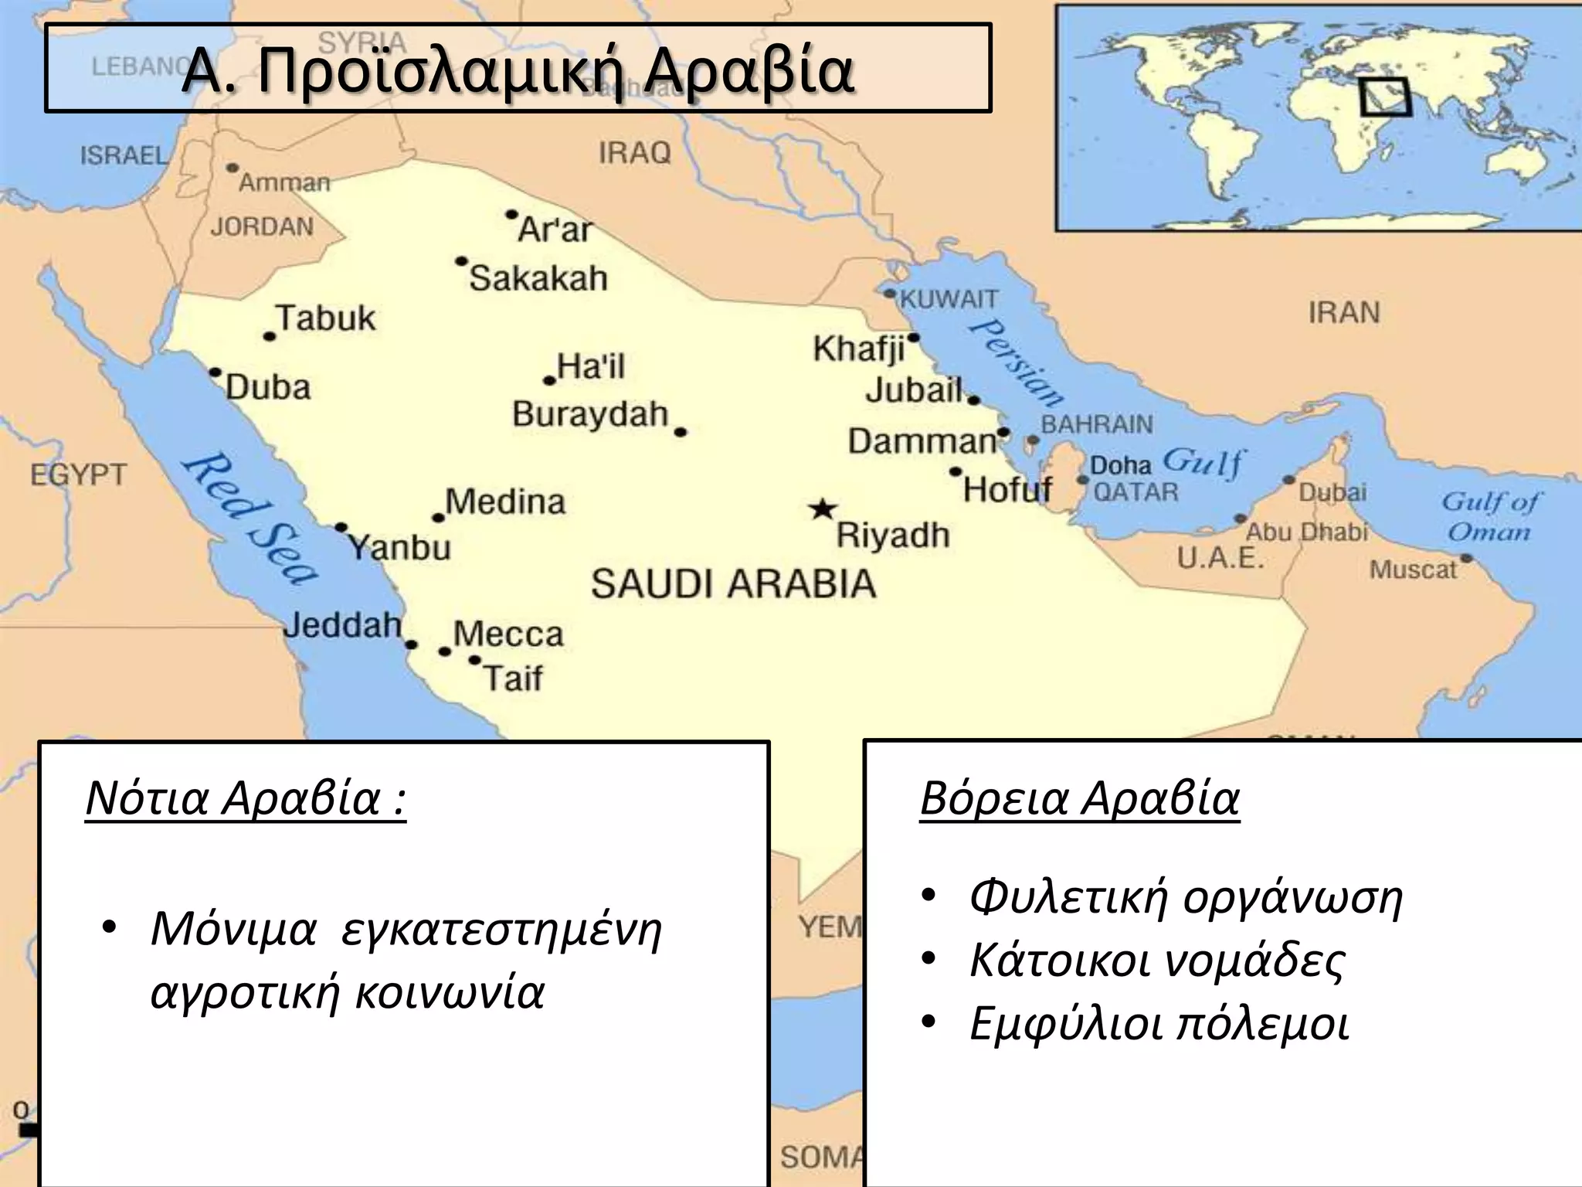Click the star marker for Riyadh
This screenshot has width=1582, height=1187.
pyautogui.click(x=823, y=510)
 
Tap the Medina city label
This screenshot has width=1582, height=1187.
pyautogui.click(x=506, y=502)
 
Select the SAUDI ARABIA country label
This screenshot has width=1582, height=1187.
pyautogui.click(x=733, y=584)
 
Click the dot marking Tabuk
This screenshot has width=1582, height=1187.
pyautogui.click(x=270, y=336)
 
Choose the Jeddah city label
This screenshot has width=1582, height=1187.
pyautogui.click(x=343, y=624)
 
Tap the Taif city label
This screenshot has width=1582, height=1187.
pyautogui.click(x=513, y=679)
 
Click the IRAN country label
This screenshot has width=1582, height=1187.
pyautogui.click(x=1343, y=313)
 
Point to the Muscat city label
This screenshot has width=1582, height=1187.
pyautogui.click(x=1412, y=570)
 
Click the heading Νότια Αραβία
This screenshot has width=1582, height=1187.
pyautogui.click(x=245, y=798)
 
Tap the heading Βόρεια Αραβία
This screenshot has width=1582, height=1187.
pyautogui.click(x=1079, y=798)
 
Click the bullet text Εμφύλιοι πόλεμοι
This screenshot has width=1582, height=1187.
pyautogui.click(x=1159, y=1024)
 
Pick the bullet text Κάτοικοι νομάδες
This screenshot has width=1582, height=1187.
pyautogui.click(x=1156, y=960)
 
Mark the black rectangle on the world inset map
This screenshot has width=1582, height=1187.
pyautogui.click(x=1384, y=98)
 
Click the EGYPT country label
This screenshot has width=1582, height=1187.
pyautogui.click(x=78, y=474)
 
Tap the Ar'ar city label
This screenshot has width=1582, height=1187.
pyautogui.click(x=555, y=230)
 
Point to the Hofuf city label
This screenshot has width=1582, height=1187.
pyautogui.click(x=1007, y=489)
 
